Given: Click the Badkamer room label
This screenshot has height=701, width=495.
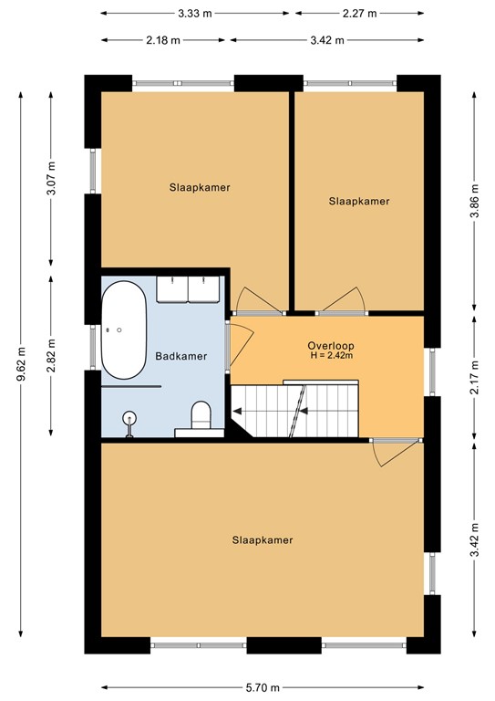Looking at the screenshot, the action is [x=181, y=356].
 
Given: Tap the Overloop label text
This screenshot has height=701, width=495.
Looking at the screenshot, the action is [x=331, y=346].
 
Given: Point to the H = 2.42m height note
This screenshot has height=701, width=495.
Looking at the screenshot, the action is [x=332, y=355].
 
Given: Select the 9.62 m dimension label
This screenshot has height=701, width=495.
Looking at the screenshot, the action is [x=21, y=364].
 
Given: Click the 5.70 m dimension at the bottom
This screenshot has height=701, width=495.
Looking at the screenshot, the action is [x=263, y=687].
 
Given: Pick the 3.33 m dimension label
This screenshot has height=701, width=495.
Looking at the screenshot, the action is [x=195, y=14].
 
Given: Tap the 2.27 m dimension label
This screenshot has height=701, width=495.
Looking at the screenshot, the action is [x=360, y=14].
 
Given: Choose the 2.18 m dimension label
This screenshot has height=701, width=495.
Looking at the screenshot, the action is [x=163, y=40].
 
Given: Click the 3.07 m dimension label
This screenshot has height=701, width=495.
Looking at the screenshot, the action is [x=51, y=178].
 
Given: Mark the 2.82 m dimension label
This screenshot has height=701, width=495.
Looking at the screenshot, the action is [x=51, y=356].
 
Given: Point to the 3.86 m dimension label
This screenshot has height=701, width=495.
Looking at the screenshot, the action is [x=475, y=201].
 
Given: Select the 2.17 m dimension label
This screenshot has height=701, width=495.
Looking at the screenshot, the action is [x=475, y=377].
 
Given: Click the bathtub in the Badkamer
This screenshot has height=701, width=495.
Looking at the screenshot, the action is [x=124, y=330].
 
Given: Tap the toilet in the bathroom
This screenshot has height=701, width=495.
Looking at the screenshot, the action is [x=201, y=416].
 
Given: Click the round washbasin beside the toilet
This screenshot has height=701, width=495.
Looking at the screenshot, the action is [x=129, y=419].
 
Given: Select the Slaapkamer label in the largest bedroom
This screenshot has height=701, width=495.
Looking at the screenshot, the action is [x=263, y=540].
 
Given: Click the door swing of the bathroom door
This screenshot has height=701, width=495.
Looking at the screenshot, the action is [x=242, y=345].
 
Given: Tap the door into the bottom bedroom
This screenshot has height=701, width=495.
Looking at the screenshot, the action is [x=397, y=453].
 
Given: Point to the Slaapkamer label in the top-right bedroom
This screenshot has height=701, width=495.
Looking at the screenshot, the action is [x=359, y=201].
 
